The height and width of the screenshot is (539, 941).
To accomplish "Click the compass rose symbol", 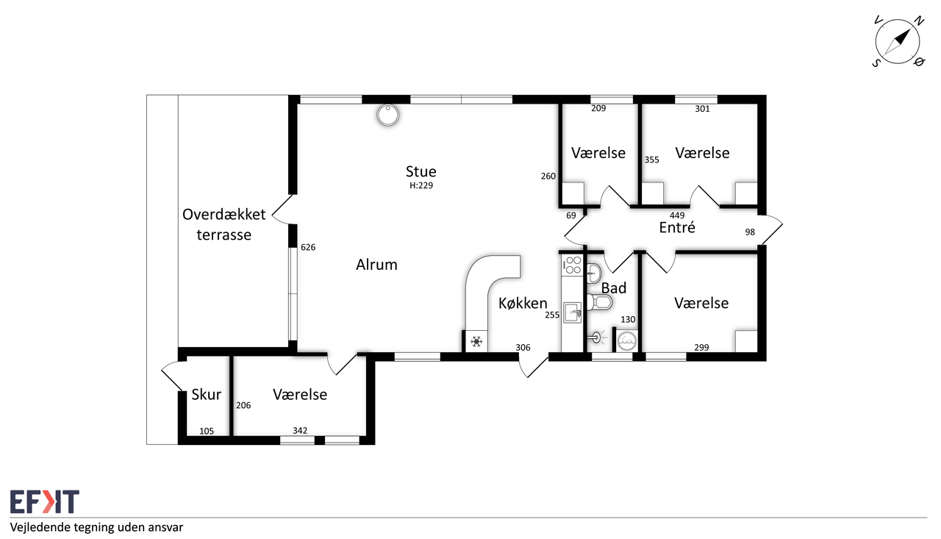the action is [x=898, y=42].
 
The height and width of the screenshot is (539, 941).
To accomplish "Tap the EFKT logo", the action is [x=45, y=501].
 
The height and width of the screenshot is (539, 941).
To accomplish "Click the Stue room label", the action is [x=421, y=171].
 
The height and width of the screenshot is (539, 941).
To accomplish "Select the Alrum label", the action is [x=376, y=265].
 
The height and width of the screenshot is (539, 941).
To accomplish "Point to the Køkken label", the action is [x=523, y=303].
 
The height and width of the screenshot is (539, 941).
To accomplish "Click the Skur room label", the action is [x=207, y=394].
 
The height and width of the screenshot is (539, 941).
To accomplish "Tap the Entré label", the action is [x=677, y=227].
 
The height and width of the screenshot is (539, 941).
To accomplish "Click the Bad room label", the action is [x=614, y=288].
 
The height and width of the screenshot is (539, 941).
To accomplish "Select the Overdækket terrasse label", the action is [x=224, y=224].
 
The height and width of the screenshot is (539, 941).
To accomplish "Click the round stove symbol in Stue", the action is [x=387, y=115].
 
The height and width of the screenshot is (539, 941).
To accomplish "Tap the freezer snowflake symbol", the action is [x=476, y=341].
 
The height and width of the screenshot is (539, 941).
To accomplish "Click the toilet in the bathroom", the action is [x=599, y=302].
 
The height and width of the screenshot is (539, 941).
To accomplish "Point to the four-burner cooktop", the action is [x=573, y=265].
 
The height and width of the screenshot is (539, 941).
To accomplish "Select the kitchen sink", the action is [x=572, y=313].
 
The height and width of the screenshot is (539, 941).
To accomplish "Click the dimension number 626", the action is [x=308, y=248].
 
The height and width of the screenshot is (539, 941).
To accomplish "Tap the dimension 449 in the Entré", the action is [x=677, y=215].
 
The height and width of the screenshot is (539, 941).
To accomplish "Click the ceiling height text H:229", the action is [x=421, y=185].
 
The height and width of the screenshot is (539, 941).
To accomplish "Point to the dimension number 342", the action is [x=300, y=431].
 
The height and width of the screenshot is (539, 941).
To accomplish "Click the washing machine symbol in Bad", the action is [x=627, y=340].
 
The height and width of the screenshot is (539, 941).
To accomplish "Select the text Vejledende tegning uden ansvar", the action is [x=96, y=528].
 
